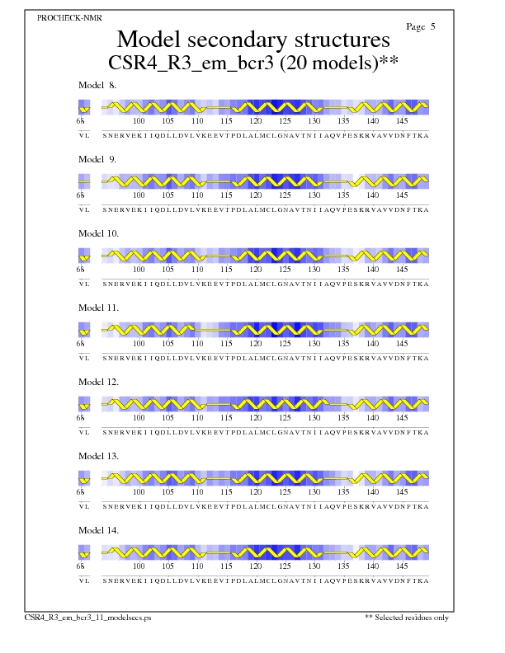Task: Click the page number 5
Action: coord(422,27)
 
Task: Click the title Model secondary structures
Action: coord(252,40)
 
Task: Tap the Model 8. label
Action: coord(97,85)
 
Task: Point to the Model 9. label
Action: coord(97,159)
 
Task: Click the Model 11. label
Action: coord(99,308)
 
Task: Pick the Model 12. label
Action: coord(99,382)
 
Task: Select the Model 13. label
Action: coord(99,456)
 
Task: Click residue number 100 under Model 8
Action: coord(139,121)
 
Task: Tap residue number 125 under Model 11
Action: coord(285,344)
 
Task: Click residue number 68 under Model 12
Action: coord(81,418)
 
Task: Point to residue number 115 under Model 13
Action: coord(226,492)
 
